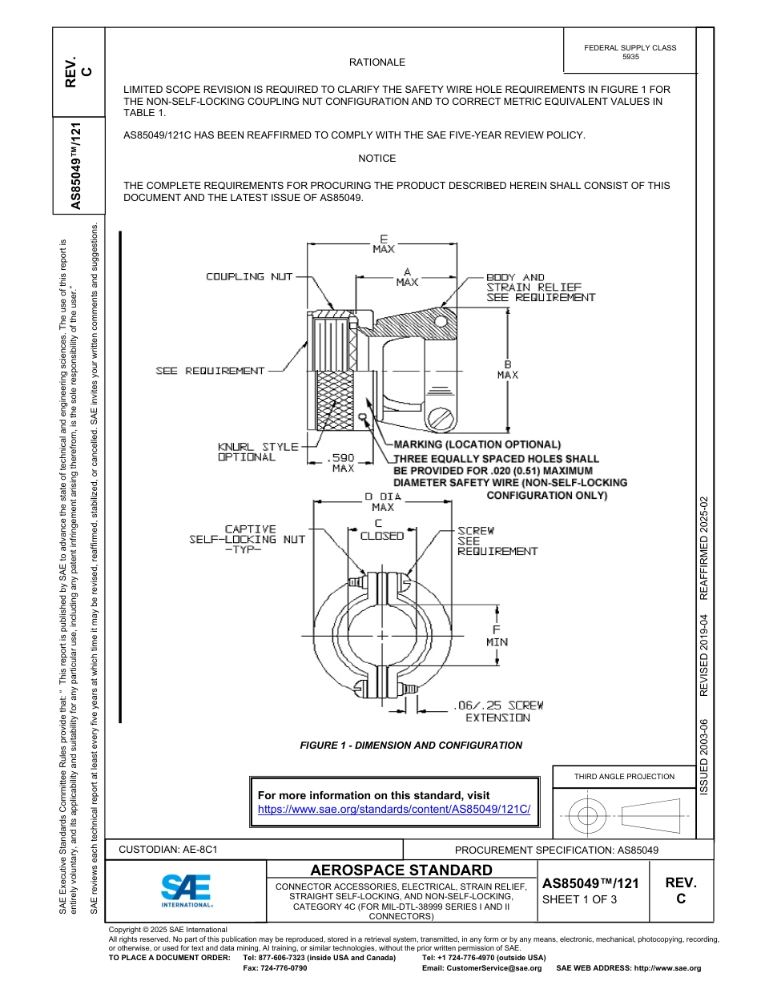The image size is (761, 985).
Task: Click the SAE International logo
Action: [186, 890]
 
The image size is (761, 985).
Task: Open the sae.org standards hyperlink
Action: [394, 809]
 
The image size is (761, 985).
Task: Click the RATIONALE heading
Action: [376, 62]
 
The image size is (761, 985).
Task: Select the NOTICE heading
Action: [376, 159]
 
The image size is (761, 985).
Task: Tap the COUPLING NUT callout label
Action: [249, 277]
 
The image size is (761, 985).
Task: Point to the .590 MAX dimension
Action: [343, 463]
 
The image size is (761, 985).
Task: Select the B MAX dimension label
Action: [507, 369]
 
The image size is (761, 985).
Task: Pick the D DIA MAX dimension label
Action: [383, 501]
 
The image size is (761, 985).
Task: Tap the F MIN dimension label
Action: [496, 635]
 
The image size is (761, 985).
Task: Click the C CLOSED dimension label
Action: [381, 530]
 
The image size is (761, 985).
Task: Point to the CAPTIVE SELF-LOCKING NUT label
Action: [248, 540]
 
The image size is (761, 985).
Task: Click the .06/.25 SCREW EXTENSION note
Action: [497, 711]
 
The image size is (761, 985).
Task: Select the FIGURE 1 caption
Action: [410, 746]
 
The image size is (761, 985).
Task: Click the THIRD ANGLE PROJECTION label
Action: [624, 776]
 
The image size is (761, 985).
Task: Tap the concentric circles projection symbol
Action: [588, 817]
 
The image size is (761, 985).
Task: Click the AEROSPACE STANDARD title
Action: [401, 870]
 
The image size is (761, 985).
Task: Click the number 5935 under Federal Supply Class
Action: [630, 58]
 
